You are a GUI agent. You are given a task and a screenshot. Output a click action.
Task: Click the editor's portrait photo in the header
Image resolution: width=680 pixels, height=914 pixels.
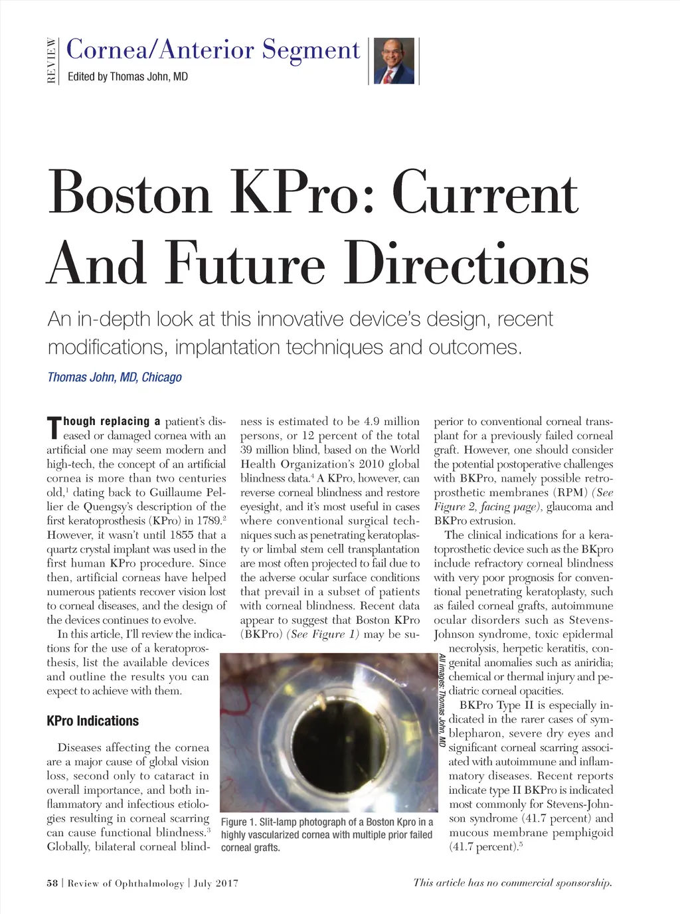pyautogui.click(x=394, y=61)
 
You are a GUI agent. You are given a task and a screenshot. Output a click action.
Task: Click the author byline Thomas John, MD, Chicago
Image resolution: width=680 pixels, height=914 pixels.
pyautogui.click(x=114, y=377)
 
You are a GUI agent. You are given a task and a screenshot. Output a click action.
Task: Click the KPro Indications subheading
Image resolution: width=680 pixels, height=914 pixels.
pyautogui.click(x=92, y=721)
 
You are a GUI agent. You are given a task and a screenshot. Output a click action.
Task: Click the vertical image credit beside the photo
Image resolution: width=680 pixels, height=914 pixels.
pyautogui.click(x=442, y=699)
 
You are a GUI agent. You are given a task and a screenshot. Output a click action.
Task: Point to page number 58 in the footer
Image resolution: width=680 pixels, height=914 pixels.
pyautogui.click(x=52, y=883)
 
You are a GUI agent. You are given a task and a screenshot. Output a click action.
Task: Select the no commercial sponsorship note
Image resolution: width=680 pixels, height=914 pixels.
pyautogui.click(x=512, y=883)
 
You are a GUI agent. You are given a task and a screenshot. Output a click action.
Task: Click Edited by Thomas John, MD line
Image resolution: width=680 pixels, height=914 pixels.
pyautogui.click(x=127, y=77)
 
